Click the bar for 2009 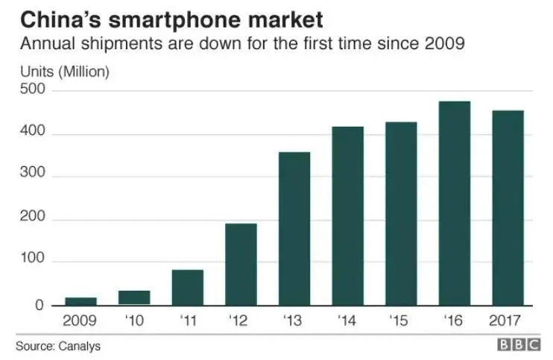click(80, 301)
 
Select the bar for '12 click(241, 265)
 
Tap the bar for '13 click(294, 229)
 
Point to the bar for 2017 click(508, 208)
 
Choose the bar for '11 click(187, 288)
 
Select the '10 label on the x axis click(135, 322)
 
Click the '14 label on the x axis click(348, 322)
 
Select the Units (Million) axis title click(64, 72)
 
